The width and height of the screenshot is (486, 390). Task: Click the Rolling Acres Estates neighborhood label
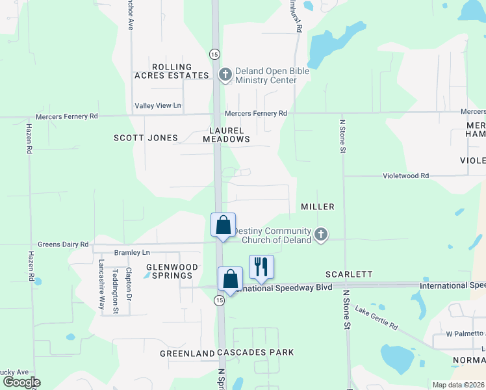pyautogui.click(x=172, y=71)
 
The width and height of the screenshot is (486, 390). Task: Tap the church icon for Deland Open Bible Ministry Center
pyautogui.click(x=225, y=75)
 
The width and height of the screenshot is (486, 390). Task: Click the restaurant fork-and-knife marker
pyautogui.click(x=261, y=267)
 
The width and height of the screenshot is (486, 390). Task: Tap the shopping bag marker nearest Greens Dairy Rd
pyautogui.click(x=223, y=226)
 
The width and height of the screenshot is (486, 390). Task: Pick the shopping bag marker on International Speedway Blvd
pyautogui.click(x=230, y=279)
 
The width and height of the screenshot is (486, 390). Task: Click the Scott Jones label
pyautogui.click(x=146, y=138)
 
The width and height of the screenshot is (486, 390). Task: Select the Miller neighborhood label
pyautogui.click(x=318, y=207)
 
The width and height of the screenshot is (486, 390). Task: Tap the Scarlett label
pyautogui.click(x=349, y=274)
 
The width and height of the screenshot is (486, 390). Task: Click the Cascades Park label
pyautogui.click(x=255, y=352)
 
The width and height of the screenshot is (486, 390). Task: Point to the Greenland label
pyautogui.click(x=188, y=354)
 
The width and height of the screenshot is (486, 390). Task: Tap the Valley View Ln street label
pyautogui.click(x=158, y=105)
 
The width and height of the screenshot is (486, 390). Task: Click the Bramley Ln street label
pyautogui.click(x=133, y=252)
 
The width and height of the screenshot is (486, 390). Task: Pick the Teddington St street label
pyautogui.click(x=116, y=291)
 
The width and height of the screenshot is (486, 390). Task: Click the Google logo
pyautogui.click(x=21, y=382)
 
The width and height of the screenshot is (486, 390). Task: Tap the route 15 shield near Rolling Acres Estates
pyautogui.click(x=214, y=54)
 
